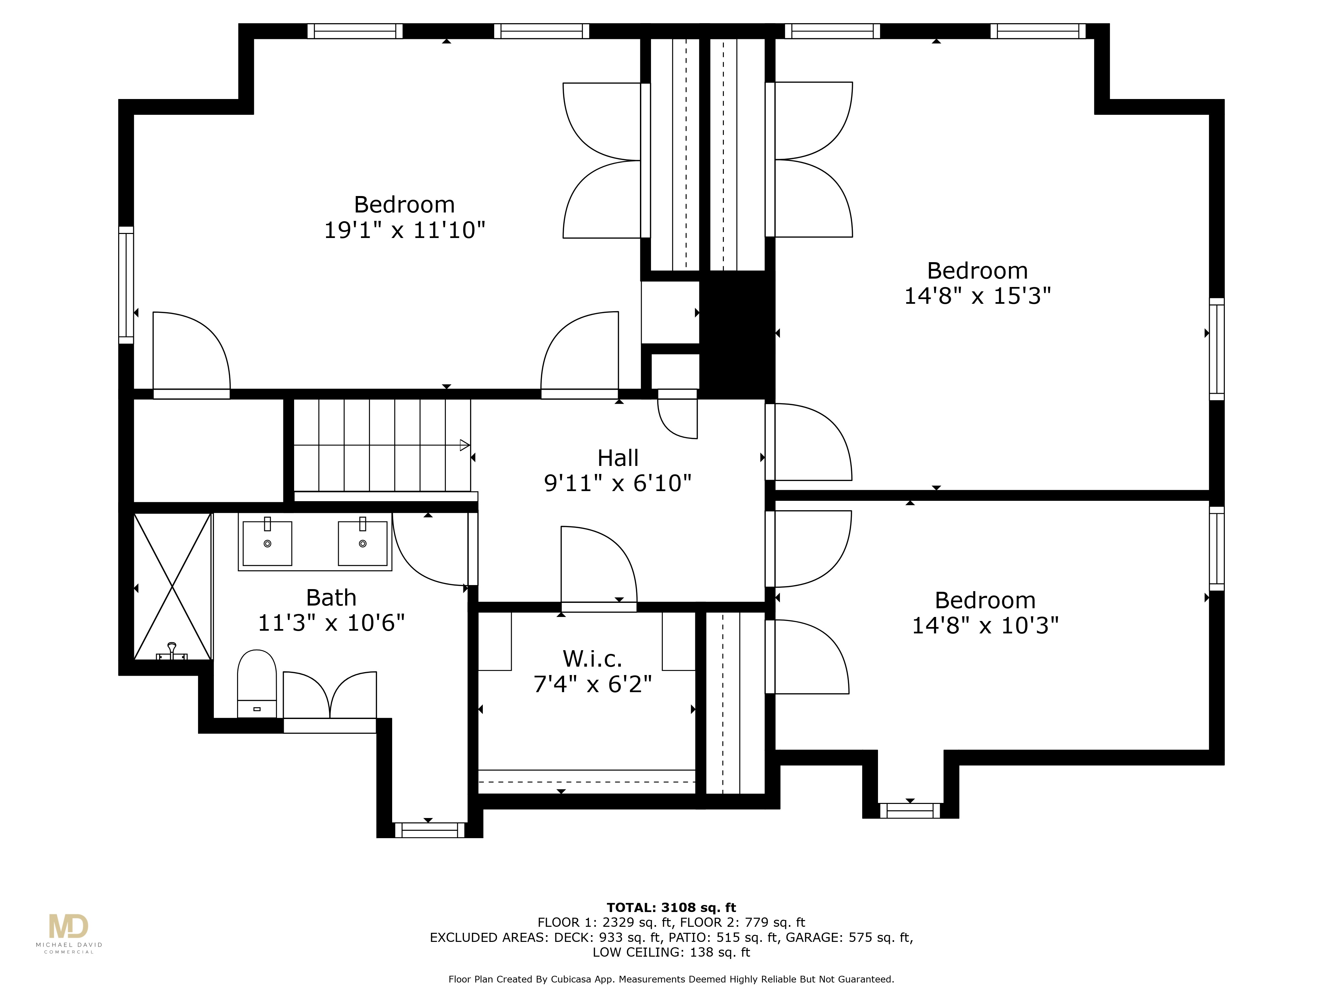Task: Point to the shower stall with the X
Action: (x=173, y=586)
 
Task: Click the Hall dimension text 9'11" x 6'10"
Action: (x=617, y=483)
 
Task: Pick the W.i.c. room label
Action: (x=592, y=659)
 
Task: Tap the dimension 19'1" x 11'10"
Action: (x=404, y=230)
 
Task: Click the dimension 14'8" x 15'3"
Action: (x=977, y=296)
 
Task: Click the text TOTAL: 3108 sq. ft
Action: (x=671, y=907)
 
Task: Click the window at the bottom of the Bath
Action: (x=430, y=830)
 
